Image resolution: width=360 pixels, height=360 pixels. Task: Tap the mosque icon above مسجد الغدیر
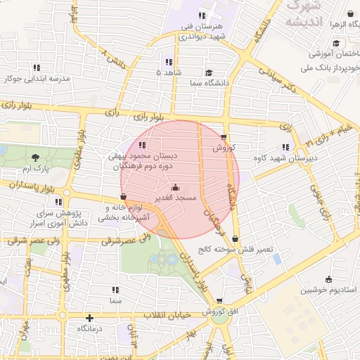click(x=175, y=188)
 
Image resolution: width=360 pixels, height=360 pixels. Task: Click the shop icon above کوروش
click(x=224, y=137)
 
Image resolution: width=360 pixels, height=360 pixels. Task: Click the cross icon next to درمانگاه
click(x=89, y=318)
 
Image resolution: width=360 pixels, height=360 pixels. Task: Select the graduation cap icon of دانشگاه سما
click(x=209, y=73)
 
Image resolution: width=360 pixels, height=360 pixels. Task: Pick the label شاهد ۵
click(x=169, y=72)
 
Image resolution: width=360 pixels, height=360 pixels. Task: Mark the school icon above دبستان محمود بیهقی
click(x=134, y=146)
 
